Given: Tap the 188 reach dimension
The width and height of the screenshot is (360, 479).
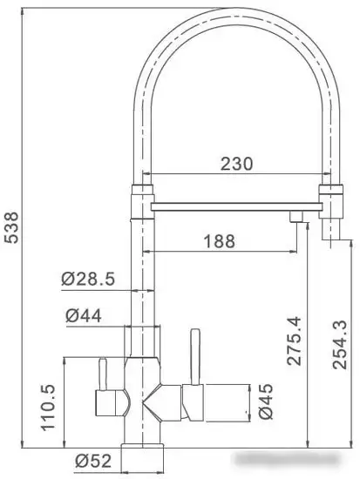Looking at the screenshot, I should click(x=219, y=241).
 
